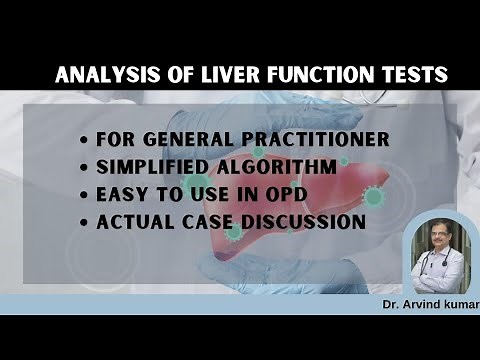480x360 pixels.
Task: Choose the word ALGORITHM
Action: click(x=264, y=166)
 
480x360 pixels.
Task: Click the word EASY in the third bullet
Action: click(x=122, y=194)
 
